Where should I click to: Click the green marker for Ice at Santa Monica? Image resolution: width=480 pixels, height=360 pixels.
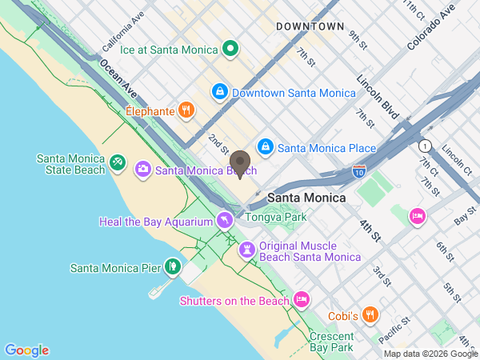click(x=230, y=50)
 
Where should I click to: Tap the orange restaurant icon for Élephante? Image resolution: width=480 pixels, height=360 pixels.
click(x=186, y=110)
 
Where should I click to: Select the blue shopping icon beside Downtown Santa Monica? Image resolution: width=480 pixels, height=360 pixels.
click(x=218, y=93)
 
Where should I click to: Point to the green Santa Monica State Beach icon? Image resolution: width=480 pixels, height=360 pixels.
click(x=118, y=164)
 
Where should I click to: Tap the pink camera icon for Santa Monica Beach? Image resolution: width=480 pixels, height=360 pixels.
click(x=143, y=169)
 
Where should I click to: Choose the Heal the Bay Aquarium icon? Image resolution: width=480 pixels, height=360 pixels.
click(x=226, y=221)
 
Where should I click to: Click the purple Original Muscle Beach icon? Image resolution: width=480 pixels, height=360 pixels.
click(x=249, y=251)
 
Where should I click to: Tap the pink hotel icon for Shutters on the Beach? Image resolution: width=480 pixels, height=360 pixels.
click(x=301, y=300)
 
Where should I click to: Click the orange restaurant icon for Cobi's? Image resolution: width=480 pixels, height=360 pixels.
click(x=369, y=315)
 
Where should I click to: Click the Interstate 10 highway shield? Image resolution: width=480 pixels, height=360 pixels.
click(x=359, y=170)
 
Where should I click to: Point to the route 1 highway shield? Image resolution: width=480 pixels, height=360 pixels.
click(x=424, y=145)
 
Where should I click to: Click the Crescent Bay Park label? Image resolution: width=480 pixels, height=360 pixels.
click(x=331, y=342)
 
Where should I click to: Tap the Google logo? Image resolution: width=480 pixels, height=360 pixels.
click(x=26, y=350)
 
